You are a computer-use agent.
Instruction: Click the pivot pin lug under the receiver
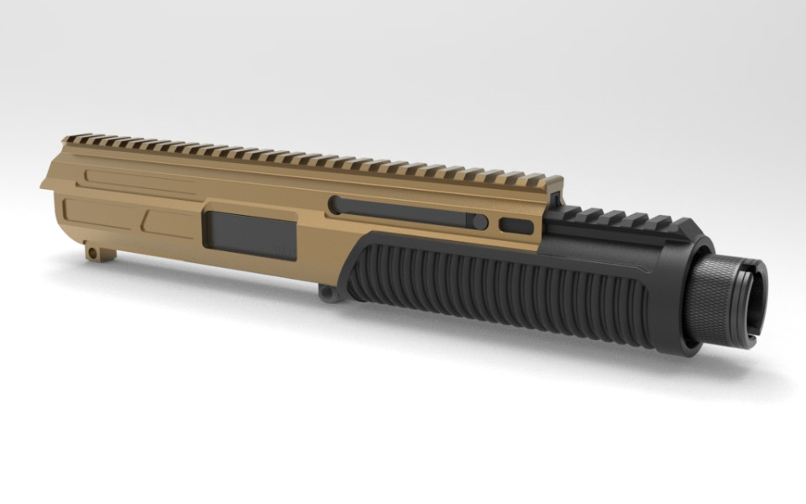click(327, 291)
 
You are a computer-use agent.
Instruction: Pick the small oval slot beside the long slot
click(516, 226)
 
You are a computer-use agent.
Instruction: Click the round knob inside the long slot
click(479, 223)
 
